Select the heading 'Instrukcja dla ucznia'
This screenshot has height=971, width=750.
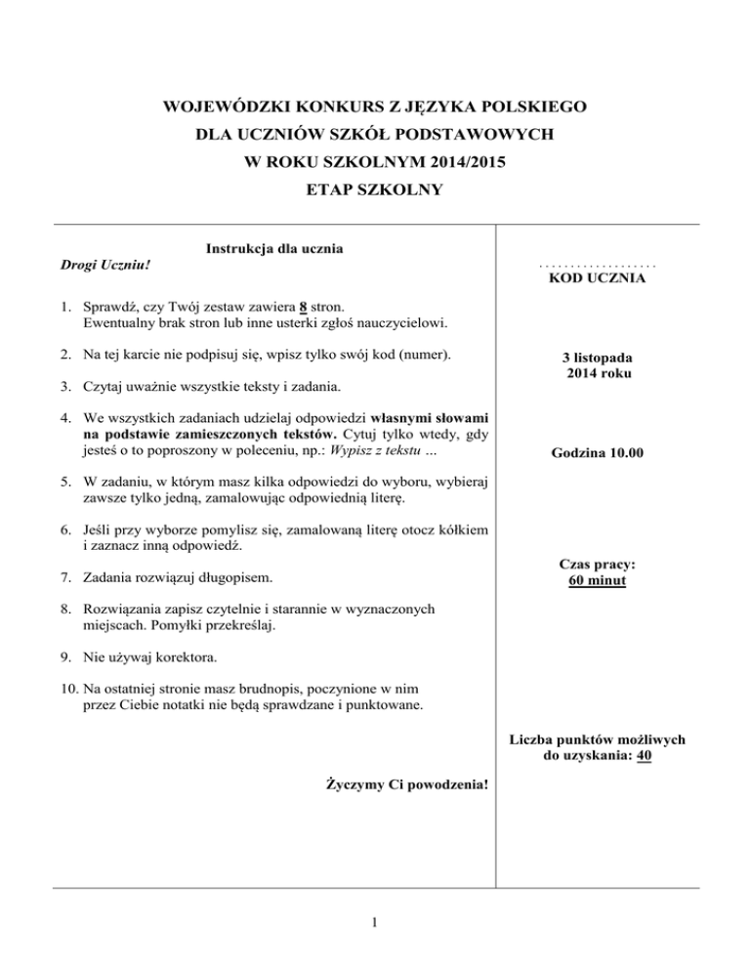pos(274,248)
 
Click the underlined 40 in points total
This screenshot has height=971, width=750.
pos(644,755)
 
